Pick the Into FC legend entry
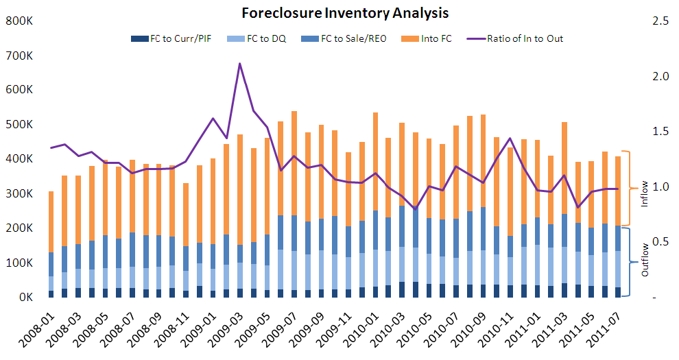coord(436,38)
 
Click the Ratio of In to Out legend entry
coord(525,38)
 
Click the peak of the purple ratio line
coord(239,64)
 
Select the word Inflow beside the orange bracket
coord(644,194)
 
